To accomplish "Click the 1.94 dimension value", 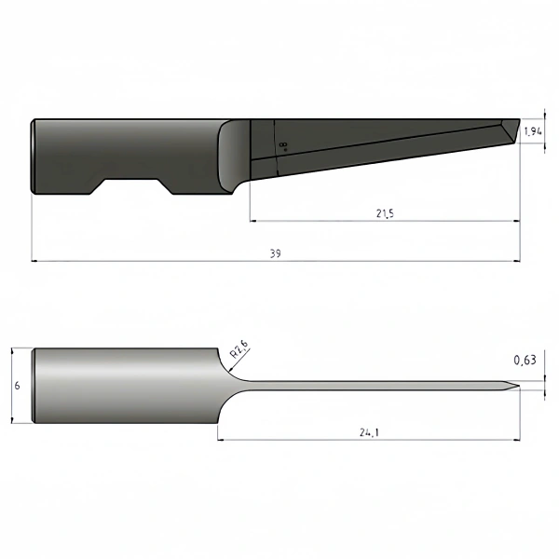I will click(532, 131).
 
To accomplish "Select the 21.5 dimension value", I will click(384, 213).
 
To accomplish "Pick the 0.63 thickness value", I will click(525, 360).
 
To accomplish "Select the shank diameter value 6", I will click(17, 386).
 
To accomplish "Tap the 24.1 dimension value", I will click(369, 431).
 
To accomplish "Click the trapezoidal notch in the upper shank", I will click(131, 186).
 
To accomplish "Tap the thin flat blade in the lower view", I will click(373, 387).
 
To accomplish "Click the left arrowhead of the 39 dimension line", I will click(35, 261).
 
